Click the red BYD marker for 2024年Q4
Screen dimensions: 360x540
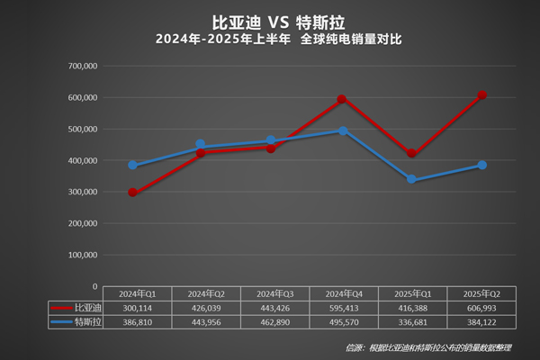(342, 99)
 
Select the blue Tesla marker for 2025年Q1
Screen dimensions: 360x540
(411, 180)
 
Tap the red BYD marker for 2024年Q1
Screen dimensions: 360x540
(132, 193)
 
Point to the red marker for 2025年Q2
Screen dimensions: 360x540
(481, 95)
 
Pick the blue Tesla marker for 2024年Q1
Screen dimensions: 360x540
(132, 166)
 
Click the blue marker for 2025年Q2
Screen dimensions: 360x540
(481, 166)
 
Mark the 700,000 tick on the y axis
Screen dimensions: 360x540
(83, 67)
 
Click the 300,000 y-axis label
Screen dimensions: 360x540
(83, 192)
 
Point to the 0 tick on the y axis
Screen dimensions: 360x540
(94, 286)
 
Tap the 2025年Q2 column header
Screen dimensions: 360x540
(481, 294)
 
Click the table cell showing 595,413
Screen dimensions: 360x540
(342, 307)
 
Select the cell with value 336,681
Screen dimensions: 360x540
(411, 319)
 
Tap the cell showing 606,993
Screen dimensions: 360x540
(481, 307)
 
